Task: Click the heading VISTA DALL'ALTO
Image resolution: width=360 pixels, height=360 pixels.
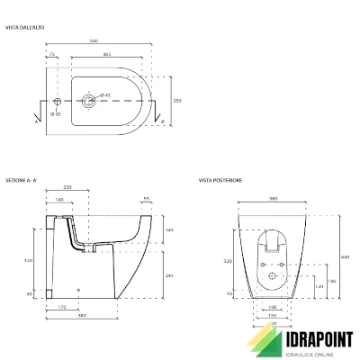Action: tap(24, 28)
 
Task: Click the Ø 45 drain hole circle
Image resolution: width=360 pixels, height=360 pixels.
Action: tap(91, 99)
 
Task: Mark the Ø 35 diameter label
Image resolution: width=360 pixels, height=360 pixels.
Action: tap(56, 113)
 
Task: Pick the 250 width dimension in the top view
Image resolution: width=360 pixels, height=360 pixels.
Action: tap(176, 102)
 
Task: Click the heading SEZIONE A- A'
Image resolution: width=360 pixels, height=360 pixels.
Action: tap(22, 180)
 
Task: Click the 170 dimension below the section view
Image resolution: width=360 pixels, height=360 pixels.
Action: tap(60, 308)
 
